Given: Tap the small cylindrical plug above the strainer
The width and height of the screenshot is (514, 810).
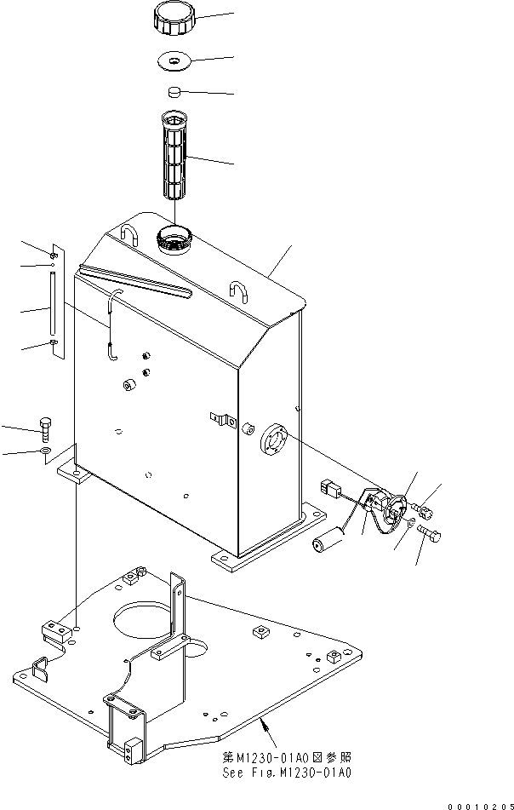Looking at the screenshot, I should pos(175,92).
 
